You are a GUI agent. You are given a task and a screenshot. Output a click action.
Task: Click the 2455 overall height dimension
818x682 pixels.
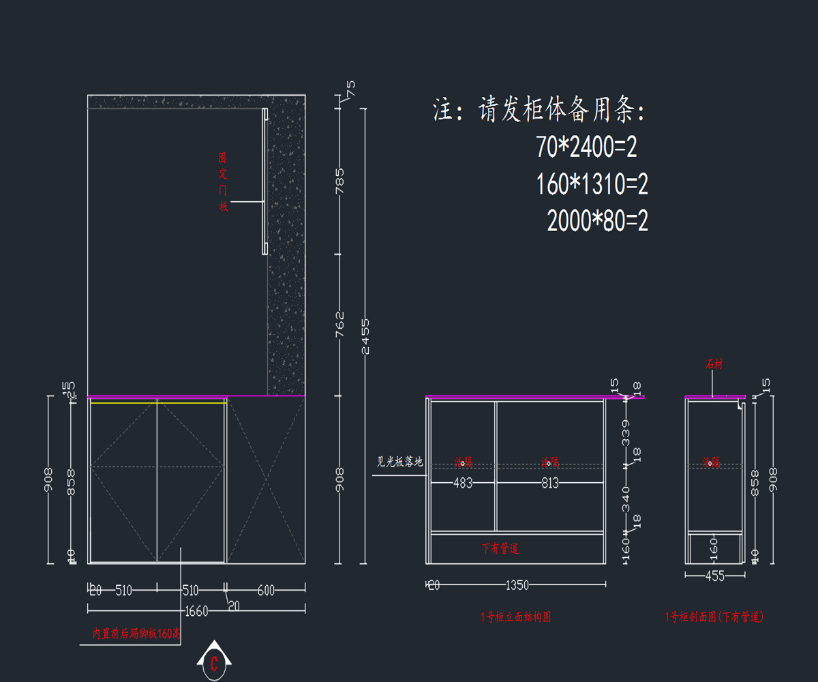[365, 336]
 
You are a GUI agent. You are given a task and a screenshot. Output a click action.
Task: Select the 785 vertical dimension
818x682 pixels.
[340, 181]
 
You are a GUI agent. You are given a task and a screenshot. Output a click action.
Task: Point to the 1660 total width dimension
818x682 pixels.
[196, 611]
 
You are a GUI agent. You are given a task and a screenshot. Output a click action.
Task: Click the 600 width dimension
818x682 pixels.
[266, 591]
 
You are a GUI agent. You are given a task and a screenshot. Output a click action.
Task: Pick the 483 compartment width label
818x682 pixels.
[463, 483]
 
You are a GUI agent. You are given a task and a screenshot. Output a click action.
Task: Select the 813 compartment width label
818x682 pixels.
[550, 483]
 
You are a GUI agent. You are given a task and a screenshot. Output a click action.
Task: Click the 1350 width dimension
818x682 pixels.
[517, 585]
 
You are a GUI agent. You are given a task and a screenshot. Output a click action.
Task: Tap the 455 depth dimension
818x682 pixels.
[714, 576]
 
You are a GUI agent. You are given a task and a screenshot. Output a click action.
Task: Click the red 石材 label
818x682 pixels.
[714, 365]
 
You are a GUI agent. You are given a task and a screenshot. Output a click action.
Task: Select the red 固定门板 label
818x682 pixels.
[223, 181]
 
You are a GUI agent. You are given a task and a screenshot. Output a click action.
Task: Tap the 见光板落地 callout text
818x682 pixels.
[400, 462]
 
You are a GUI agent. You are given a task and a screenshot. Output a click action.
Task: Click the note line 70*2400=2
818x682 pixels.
[586, 147]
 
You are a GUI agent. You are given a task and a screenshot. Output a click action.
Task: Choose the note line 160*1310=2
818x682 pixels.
[592, 184]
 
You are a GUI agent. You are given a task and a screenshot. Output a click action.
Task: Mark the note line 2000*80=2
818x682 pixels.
[597, 221]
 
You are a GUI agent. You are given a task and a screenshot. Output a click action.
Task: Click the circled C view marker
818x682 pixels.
[214, 663]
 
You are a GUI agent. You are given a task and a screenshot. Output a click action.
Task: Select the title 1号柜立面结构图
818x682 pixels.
[516, 617]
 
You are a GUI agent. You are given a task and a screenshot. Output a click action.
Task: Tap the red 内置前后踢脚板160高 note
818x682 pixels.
[137, 634]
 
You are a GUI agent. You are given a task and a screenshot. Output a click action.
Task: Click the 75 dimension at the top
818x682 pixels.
[350, 89]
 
